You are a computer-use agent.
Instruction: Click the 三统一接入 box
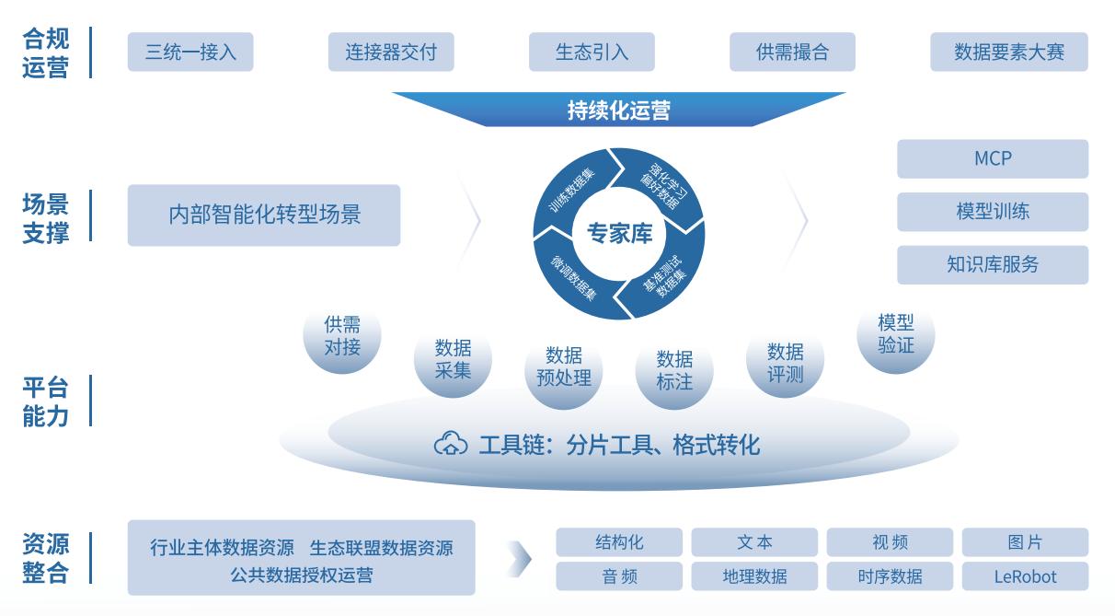click(x=190, y=52)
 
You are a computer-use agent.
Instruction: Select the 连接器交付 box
click(x=391, y=52)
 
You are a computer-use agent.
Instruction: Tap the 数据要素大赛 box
click(x=1009, y=52)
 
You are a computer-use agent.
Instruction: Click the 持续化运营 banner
click(x=619, y=110)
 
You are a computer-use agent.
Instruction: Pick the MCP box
click(x=993, y=158)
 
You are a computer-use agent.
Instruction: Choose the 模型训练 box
click(x=993, y=211)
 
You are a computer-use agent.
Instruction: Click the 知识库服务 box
click(x=993, y=264)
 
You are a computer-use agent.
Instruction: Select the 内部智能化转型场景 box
click(x=264, y=215)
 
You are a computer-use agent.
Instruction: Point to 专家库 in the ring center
click(x=619, y=233)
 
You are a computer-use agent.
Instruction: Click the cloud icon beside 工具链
click(x=451, y=443)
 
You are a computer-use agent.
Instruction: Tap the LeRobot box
click(x=1025, y=576)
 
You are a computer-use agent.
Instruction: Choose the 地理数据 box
click(x=754, y=576)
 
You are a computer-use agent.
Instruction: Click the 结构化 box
click(x=619, y=542)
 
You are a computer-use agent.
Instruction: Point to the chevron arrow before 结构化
click(x=521, y=559)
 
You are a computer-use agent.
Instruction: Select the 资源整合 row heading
click(x=45, y=558)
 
